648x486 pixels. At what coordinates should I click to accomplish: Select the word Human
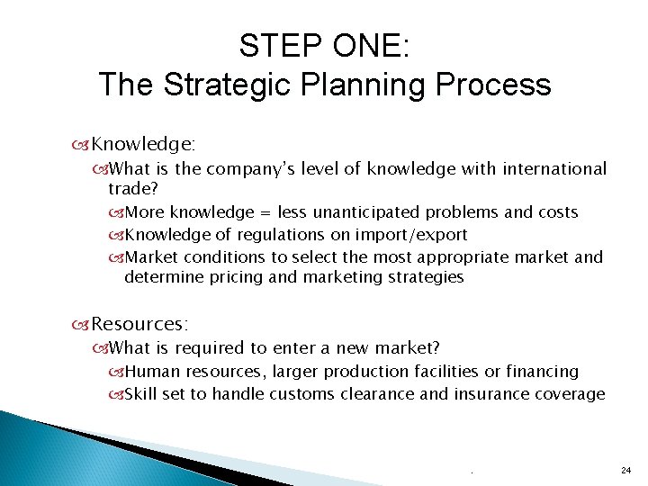click(148, 371)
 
